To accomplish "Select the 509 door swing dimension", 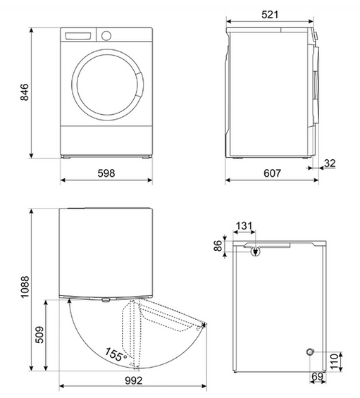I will [39, 335].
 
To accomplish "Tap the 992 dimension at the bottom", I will [132, 380].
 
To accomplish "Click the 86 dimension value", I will [218, 247].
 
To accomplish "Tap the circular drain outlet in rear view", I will [309, 352].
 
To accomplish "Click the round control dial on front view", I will [106, 35].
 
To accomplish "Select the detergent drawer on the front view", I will [79, 35].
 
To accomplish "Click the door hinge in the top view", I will [70, 300].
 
